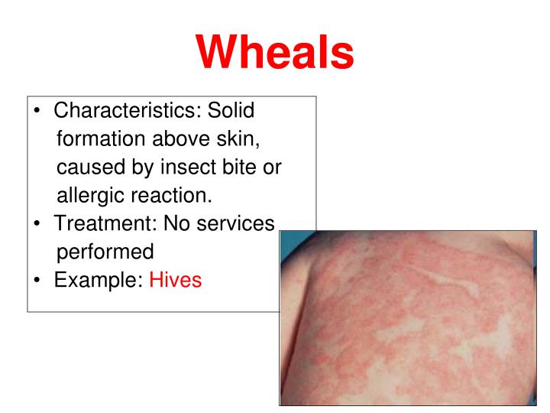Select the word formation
click(x=105, y=139)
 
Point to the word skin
click(x=243, y=139)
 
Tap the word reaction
click(x=171, y=195)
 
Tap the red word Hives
click(x=176, y=279)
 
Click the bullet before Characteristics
click(x=37, y=112)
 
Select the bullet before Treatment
click(x=37, y=224)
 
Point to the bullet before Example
click(x=37, y=280)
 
